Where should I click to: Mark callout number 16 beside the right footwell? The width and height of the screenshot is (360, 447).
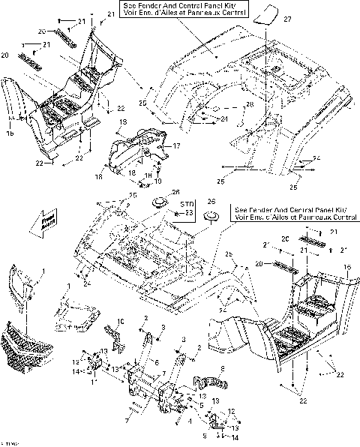346,267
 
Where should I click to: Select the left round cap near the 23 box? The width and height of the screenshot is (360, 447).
159,202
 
